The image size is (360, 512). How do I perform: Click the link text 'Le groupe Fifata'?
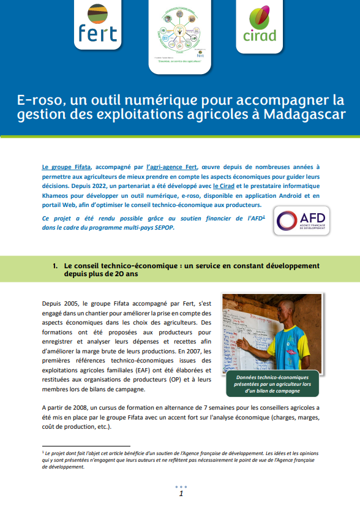tap(67, 167)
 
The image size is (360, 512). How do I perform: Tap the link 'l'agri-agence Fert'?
tap(173, 167)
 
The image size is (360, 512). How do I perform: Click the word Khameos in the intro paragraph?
tap(57, 195)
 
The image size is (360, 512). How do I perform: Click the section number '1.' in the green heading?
tap(55, 266)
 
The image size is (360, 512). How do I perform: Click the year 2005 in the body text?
tap(71, 303)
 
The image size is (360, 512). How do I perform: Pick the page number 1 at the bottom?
tap(181, 494)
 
